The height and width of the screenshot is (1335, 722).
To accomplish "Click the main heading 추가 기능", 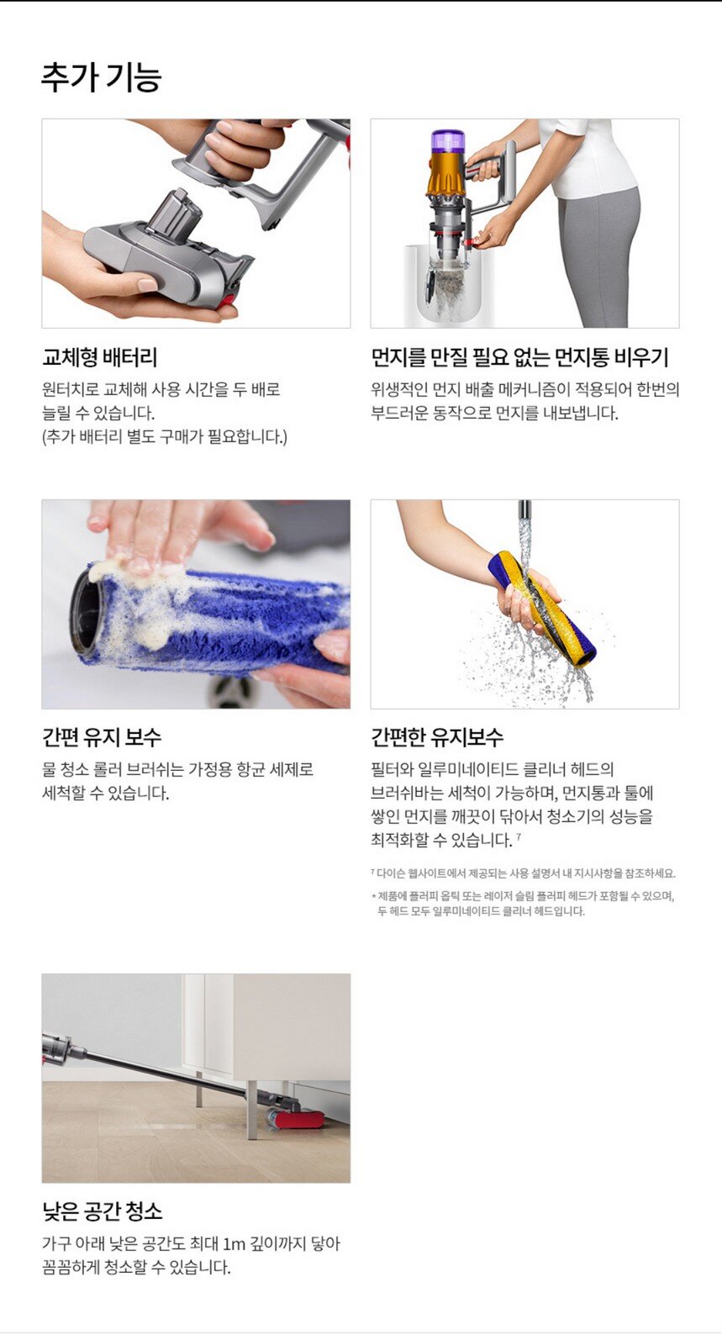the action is point(101,77).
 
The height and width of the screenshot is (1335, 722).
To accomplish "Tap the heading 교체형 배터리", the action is point(100,357).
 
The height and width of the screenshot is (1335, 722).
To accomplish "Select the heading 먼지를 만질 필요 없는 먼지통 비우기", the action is point(520,357).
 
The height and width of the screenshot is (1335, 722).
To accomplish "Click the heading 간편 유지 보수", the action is point(102,738).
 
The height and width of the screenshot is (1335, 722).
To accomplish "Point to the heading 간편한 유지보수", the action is point(437,738).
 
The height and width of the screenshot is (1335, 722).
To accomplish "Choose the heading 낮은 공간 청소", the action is point(103,1211).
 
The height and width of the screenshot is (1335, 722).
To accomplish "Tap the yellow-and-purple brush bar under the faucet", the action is point(543,607).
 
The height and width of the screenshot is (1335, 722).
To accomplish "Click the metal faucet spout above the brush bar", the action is point(524,510).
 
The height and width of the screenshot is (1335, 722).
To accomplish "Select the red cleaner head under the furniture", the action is point(297,1119).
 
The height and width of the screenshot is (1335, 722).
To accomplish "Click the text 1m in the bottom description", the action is point(235,1244).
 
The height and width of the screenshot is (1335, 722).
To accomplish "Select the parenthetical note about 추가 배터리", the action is point(165,437).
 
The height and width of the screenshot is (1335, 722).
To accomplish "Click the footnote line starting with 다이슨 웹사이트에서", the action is point(523,873).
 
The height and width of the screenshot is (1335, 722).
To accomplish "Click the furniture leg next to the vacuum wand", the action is point(252,1110).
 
